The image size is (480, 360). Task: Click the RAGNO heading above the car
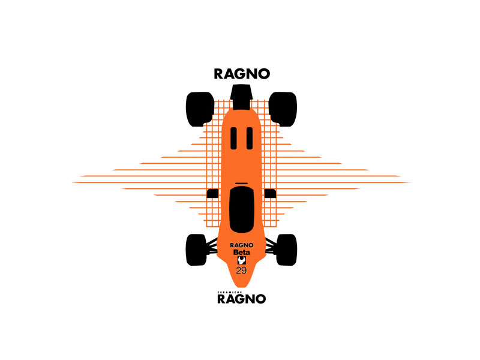pos(242,74)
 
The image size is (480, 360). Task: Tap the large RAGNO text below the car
pos(242,299)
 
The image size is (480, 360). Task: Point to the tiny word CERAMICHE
pos(230,292)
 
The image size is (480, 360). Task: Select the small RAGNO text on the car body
pos(242,245)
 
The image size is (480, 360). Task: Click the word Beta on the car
pos(242,253)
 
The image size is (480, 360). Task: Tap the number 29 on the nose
pos(241,271)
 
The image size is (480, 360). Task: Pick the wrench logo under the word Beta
pos(242,260)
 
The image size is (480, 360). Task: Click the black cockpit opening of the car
pos(242,209)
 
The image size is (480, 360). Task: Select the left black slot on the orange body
pos(233,139)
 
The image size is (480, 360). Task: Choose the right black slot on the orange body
pos(250,139)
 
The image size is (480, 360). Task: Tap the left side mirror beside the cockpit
pos(212,193)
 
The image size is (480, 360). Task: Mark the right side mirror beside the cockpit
pos(271,193)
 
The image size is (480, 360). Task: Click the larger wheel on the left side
pos(200,109)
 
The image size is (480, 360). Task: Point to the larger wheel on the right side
pos(283,109)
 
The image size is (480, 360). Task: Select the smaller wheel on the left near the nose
pos(196,250)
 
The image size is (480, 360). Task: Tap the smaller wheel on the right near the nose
pos(287,250)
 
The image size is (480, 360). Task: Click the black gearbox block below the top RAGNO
pos(242,97)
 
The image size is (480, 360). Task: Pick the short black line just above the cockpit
pos(242,184)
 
